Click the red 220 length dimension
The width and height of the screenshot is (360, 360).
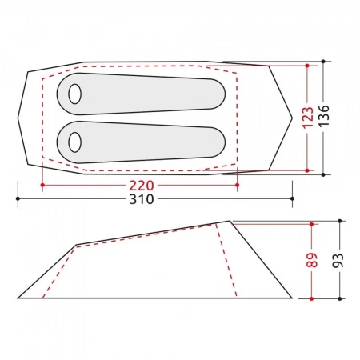[142, 186]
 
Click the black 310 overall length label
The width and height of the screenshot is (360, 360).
[142, 199]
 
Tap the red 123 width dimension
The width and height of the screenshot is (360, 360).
[308, 118]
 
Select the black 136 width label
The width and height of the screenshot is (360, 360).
[324, 115]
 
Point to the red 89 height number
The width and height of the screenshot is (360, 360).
[312, 260]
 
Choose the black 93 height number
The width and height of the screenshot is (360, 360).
[338, 260]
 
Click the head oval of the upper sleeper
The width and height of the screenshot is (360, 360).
[74, 94]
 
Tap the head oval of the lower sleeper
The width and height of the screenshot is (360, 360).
[74, 142]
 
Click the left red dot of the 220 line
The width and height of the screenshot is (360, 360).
[42, 185]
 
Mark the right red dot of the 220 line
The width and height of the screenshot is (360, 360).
[238, 185]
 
